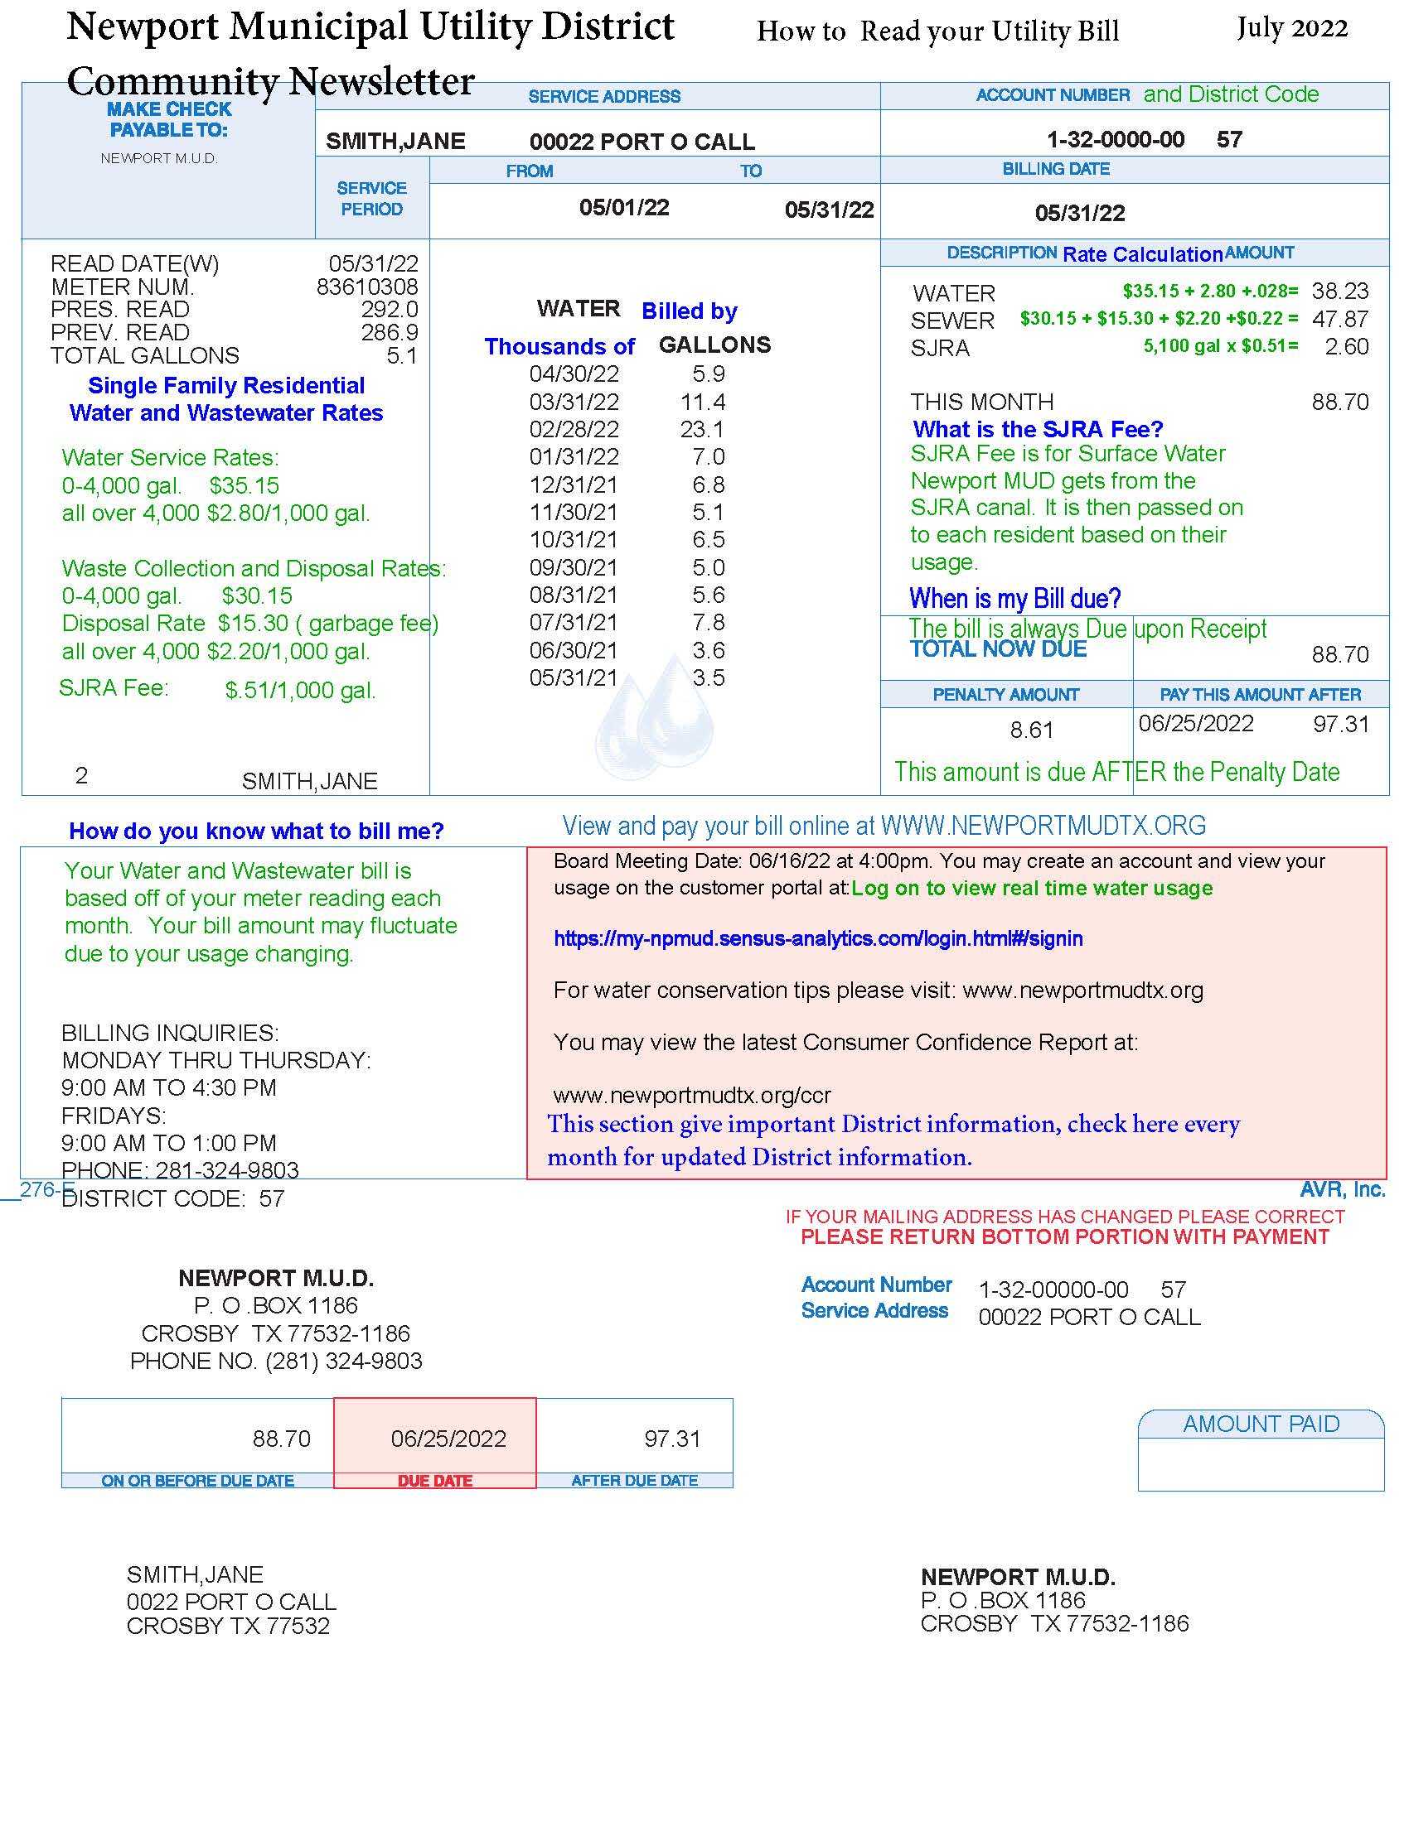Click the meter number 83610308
pyautogui.click(x=366, y=287)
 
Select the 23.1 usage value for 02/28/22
pyautogui.click(x=702, y=430)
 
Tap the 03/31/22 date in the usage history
pyautogui.click(x=574, y=402)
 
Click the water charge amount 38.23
pyautogui.click(x=1339, y=292)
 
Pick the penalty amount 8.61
pyautogui.click(x=1032, y=730)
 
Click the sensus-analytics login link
pyautogui.click(x=818, y=938)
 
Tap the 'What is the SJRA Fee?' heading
pyautogui.click(x=1038, y=430)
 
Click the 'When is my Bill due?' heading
pyautogui.click(x=1014, y=598)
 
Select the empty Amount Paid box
pyautogui.click(x=1261, y=1463)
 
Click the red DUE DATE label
pyautogui.click(x=435, y=1481)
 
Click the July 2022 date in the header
pyautogui.click(x=1291, y=28)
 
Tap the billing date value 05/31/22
pyautogui.click(x=1079, y=213)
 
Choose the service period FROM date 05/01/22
pyautogui.click(x=624, y=208)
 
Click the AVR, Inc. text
pyautogui.click(x=1342, y=1189)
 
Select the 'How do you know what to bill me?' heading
pyautogui.click(x=256, y=831)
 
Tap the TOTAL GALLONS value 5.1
pyautogui.click(x=401, y=356)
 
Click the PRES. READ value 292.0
pyautogui.click(x=389, y=310)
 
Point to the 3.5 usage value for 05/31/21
pyautogui.click(x=709, y=677)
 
